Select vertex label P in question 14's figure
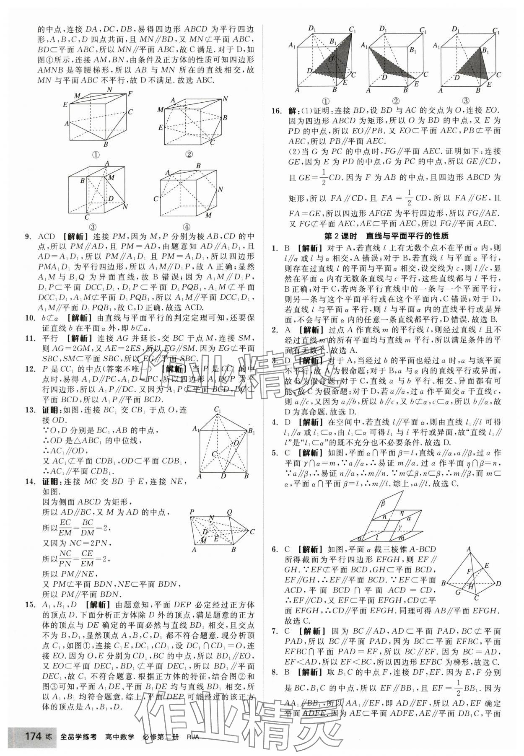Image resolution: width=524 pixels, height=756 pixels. coord(192,512)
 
